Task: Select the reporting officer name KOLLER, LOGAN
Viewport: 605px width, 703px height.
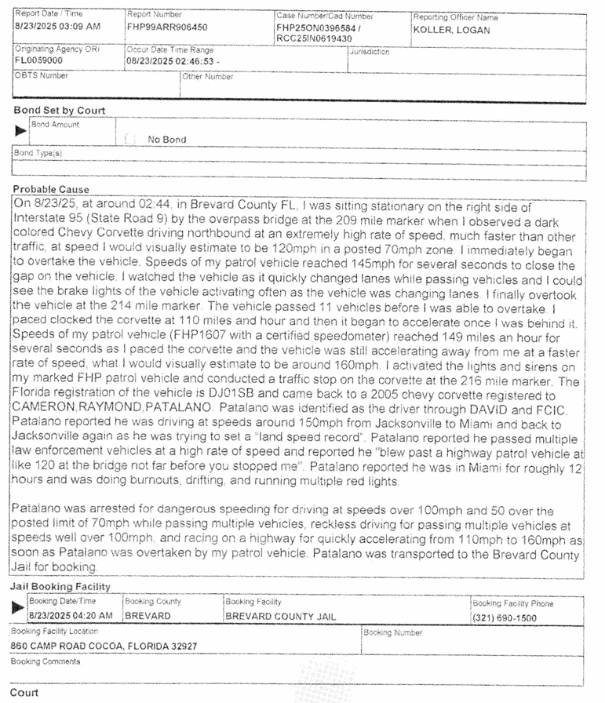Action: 450,31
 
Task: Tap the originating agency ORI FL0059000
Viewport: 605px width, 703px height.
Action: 38,60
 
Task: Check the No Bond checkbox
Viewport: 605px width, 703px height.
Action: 130,140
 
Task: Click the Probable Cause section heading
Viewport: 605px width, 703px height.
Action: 51,189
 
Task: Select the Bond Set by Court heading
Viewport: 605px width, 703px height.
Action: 60,111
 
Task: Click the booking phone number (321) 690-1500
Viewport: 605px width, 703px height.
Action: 505,617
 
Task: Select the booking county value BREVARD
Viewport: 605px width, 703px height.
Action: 148,616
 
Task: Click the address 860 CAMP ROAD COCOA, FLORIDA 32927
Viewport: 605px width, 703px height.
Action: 104,646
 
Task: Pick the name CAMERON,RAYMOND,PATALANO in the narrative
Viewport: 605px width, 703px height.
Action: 114,409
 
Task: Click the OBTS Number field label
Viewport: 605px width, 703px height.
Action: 42,76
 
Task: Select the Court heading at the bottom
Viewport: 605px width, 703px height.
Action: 25,693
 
